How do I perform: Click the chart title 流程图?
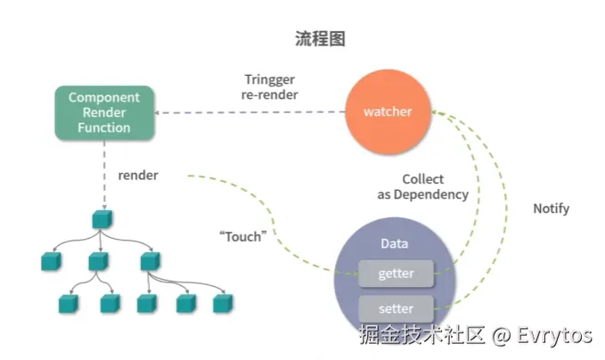[320, 38]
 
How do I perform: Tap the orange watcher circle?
[386, 111]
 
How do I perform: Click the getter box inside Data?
[396, 273]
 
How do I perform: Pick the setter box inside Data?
[396, 308]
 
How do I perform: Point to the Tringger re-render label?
[271, 86]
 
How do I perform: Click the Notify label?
[551, 209]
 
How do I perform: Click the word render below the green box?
[138, 176]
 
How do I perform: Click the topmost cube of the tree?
[100, 219]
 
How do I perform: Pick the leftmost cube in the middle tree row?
[50, 261]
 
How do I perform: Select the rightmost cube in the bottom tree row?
[223, 304]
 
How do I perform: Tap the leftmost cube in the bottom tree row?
[69, 304]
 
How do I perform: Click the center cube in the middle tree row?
[99, 261]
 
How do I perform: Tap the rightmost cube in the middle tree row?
[148, 261]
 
